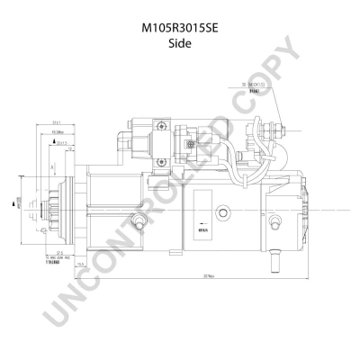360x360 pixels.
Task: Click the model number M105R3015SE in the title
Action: click(x=180, y=28)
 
